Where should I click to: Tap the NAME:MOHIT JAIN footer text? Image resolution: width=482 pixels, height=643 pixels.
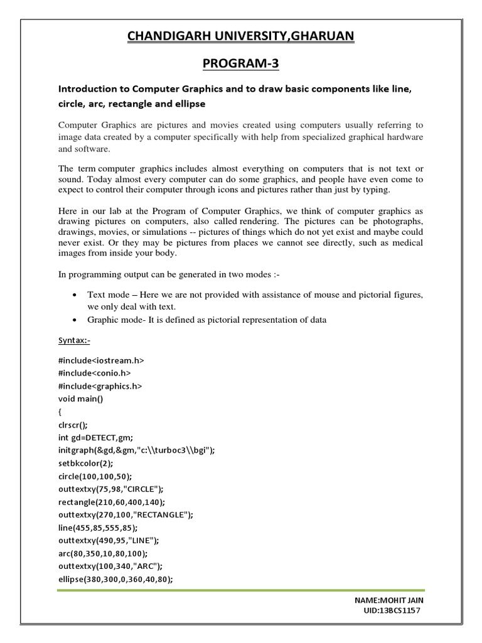[390, 601]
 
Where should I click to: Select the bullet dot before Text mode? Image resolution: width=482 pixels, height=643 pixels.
[75, 295]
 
